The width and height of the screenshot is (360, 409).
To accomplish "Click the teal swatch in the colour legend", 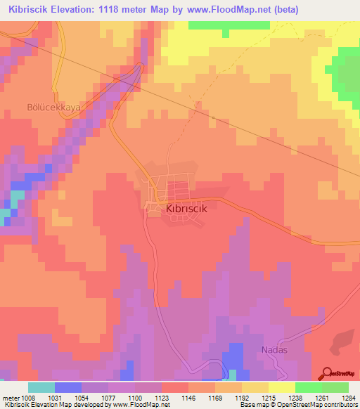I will click(41, 387).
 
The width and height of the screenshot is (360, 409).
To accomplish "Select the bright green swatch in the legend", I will click(309, 387).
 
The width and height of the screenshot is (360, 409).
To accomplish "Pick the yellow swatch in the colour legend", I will click(282, 387).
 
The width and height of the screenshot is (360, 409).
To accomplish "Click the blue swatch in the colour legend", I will click(68, 387).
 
